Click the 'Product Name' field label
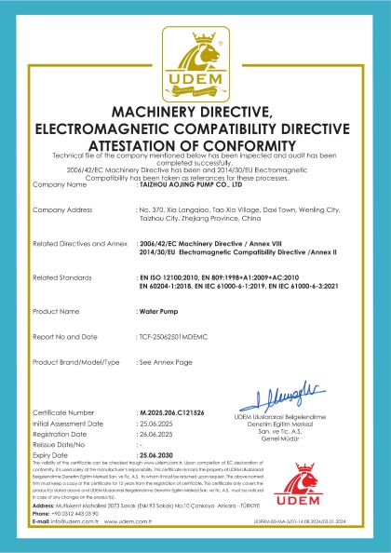click(55, 310)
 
